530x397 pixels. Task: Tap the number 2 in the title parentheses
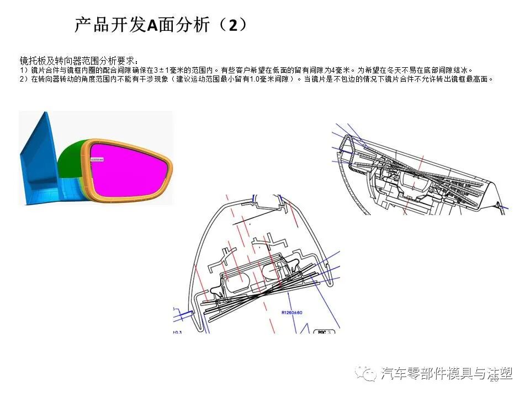(233, 25)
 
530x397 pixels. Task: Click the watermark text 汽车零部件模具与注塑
(447, 374)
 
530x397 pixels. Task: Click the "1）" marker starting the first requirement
(24, 70)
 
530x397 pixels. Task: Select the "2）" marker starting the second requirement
(24, 79)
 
